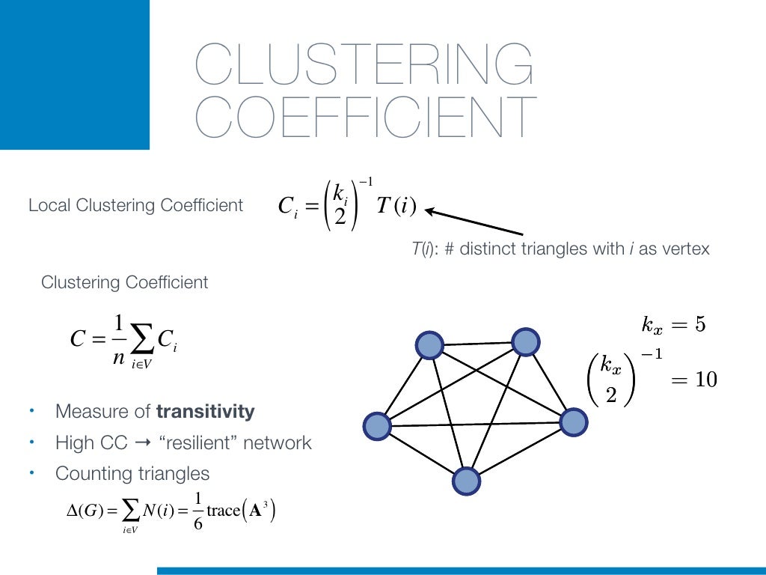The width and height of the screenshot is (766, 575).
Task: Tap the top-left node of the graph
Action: click(x=429, y=345)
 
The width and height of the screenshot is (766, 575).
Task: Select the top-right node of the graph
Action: click(x=526, y=341)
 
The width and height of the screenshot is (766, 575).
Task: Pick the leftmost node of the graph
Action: click(x=376, y=426)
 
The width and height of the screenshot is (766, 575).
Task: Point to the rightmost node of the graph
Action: click(x=574, y=422)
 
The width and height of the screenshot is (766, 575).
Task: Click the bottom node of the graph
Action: click(x=465, y=480)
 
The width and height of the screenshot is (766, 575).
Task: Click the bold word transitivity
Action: click(x=205, y=411)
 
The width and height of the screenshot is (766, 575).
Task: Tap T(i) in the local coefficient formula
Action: click(x=396, y=206)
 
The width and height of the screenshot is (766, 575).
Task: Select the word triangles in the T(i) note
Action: click(x=562, y=249)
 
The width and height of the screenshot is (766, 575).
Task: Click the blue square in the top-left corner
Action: click(x=75, y=75)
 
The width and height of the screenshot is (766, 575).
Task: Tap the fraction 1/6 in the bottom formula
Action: click(x=197, y=511)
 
